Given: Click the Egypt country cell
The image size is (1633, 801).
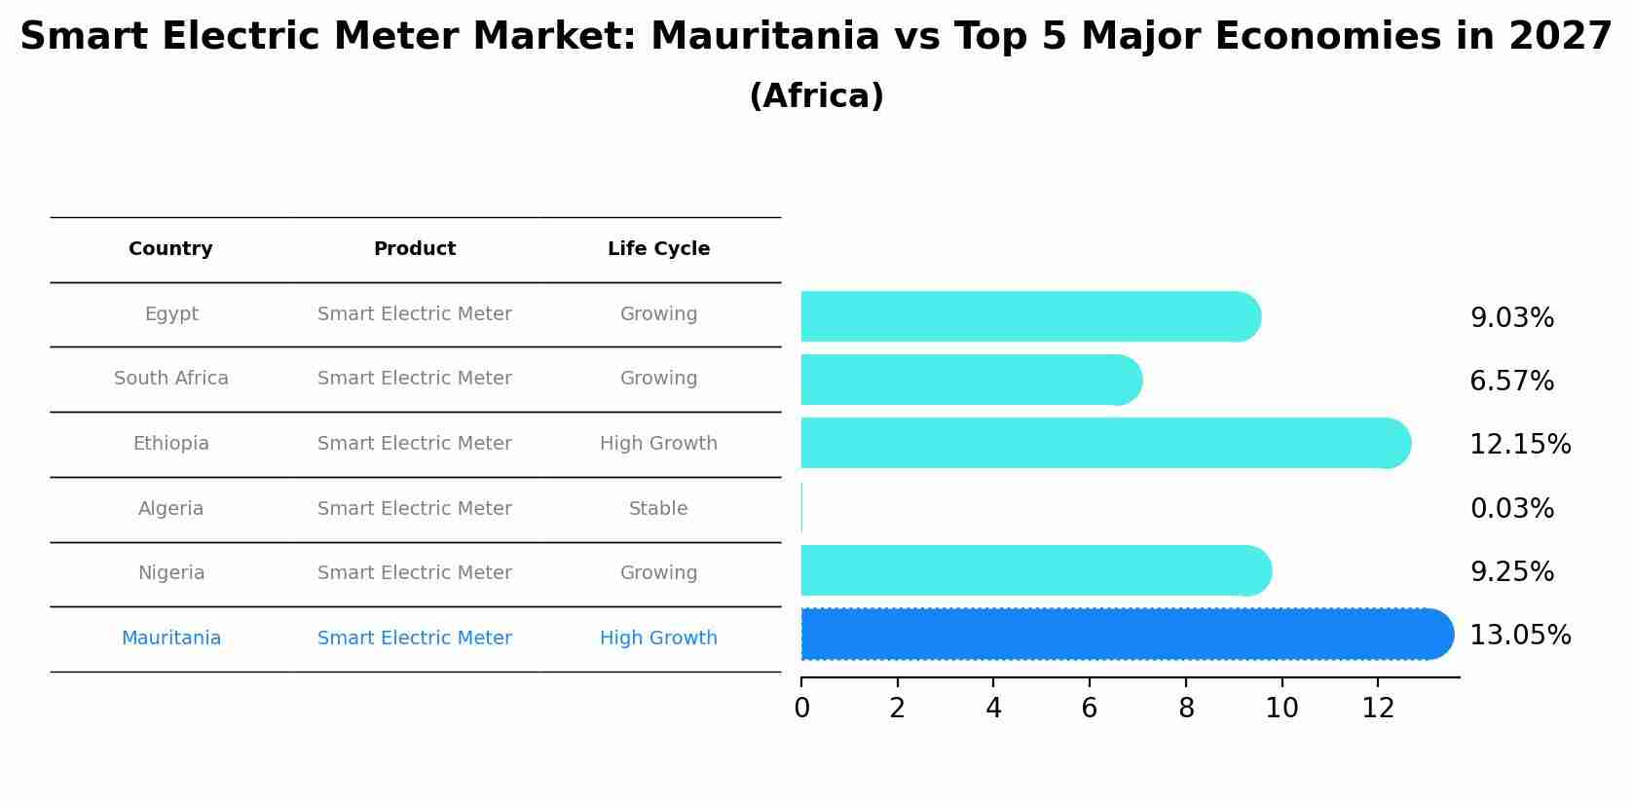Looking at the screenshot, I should pyautogui.click(x=171, y=314).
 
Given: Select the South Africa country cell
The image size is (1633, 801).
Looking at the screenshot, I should pyautogui.click(x=171, y=379).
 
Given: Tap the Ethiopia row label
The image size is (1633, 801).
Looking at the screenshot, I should pyautogui.click(x=171, y=444).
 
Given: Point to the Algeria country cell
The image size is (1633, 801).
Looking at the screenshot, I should pyautogui.click(x=171, y=509).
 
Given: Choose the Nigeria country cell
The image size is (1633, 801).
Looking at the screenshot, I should pyautogui.click(x=171, y=573).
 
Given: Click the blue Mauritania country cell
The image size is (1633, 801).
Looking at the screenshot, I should pyautogui.click(x=171, y=638).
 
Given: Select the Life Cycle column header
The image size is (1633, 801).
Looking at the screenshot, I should pyautogui.click(x=658, y=249).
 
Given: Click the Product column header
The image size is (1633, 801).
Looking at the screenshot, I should pyautogui.click(x=415, y=249).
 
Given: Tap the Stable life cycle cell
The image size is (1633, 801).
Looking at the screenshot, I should pyautogui.click(x=658, y=509).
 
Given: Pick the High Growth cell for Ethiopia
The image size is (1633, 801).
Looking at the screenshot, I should pyautogui.click(x=658, y=444).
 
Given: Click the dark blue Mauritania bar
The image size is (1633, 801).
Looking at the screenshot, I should pyautogui.click(x=1120, y=635).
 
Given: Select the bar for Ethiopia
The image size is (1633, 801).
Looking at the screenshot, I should pyautogui.click(x=1100, y=443).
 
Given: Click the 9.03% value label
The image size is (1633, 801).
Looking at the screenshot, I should pyautogui.click(x=1511, y=318).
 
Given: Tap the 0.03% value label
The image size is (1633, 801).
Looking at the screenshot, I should pyautogui.click(x=1511, y=509).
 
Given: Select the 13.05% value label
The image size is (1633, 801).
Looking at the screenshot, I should pyautogui.click(x=1519, y=636).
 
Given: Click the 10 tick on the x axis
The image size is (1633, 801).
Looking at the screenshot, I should pyautogui.click(x=1281, y=709).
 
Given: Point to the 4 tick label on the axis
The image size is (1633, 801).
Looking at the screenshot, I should pyautogui.click(x=993, y=709).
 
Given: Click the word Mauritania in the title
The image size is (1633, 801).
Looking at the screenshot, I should pyautogui.click(x=764, y=37).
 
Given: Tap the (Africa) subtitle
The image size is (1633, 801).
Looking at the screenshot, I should pyautogui.click(x=816, y=96).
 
